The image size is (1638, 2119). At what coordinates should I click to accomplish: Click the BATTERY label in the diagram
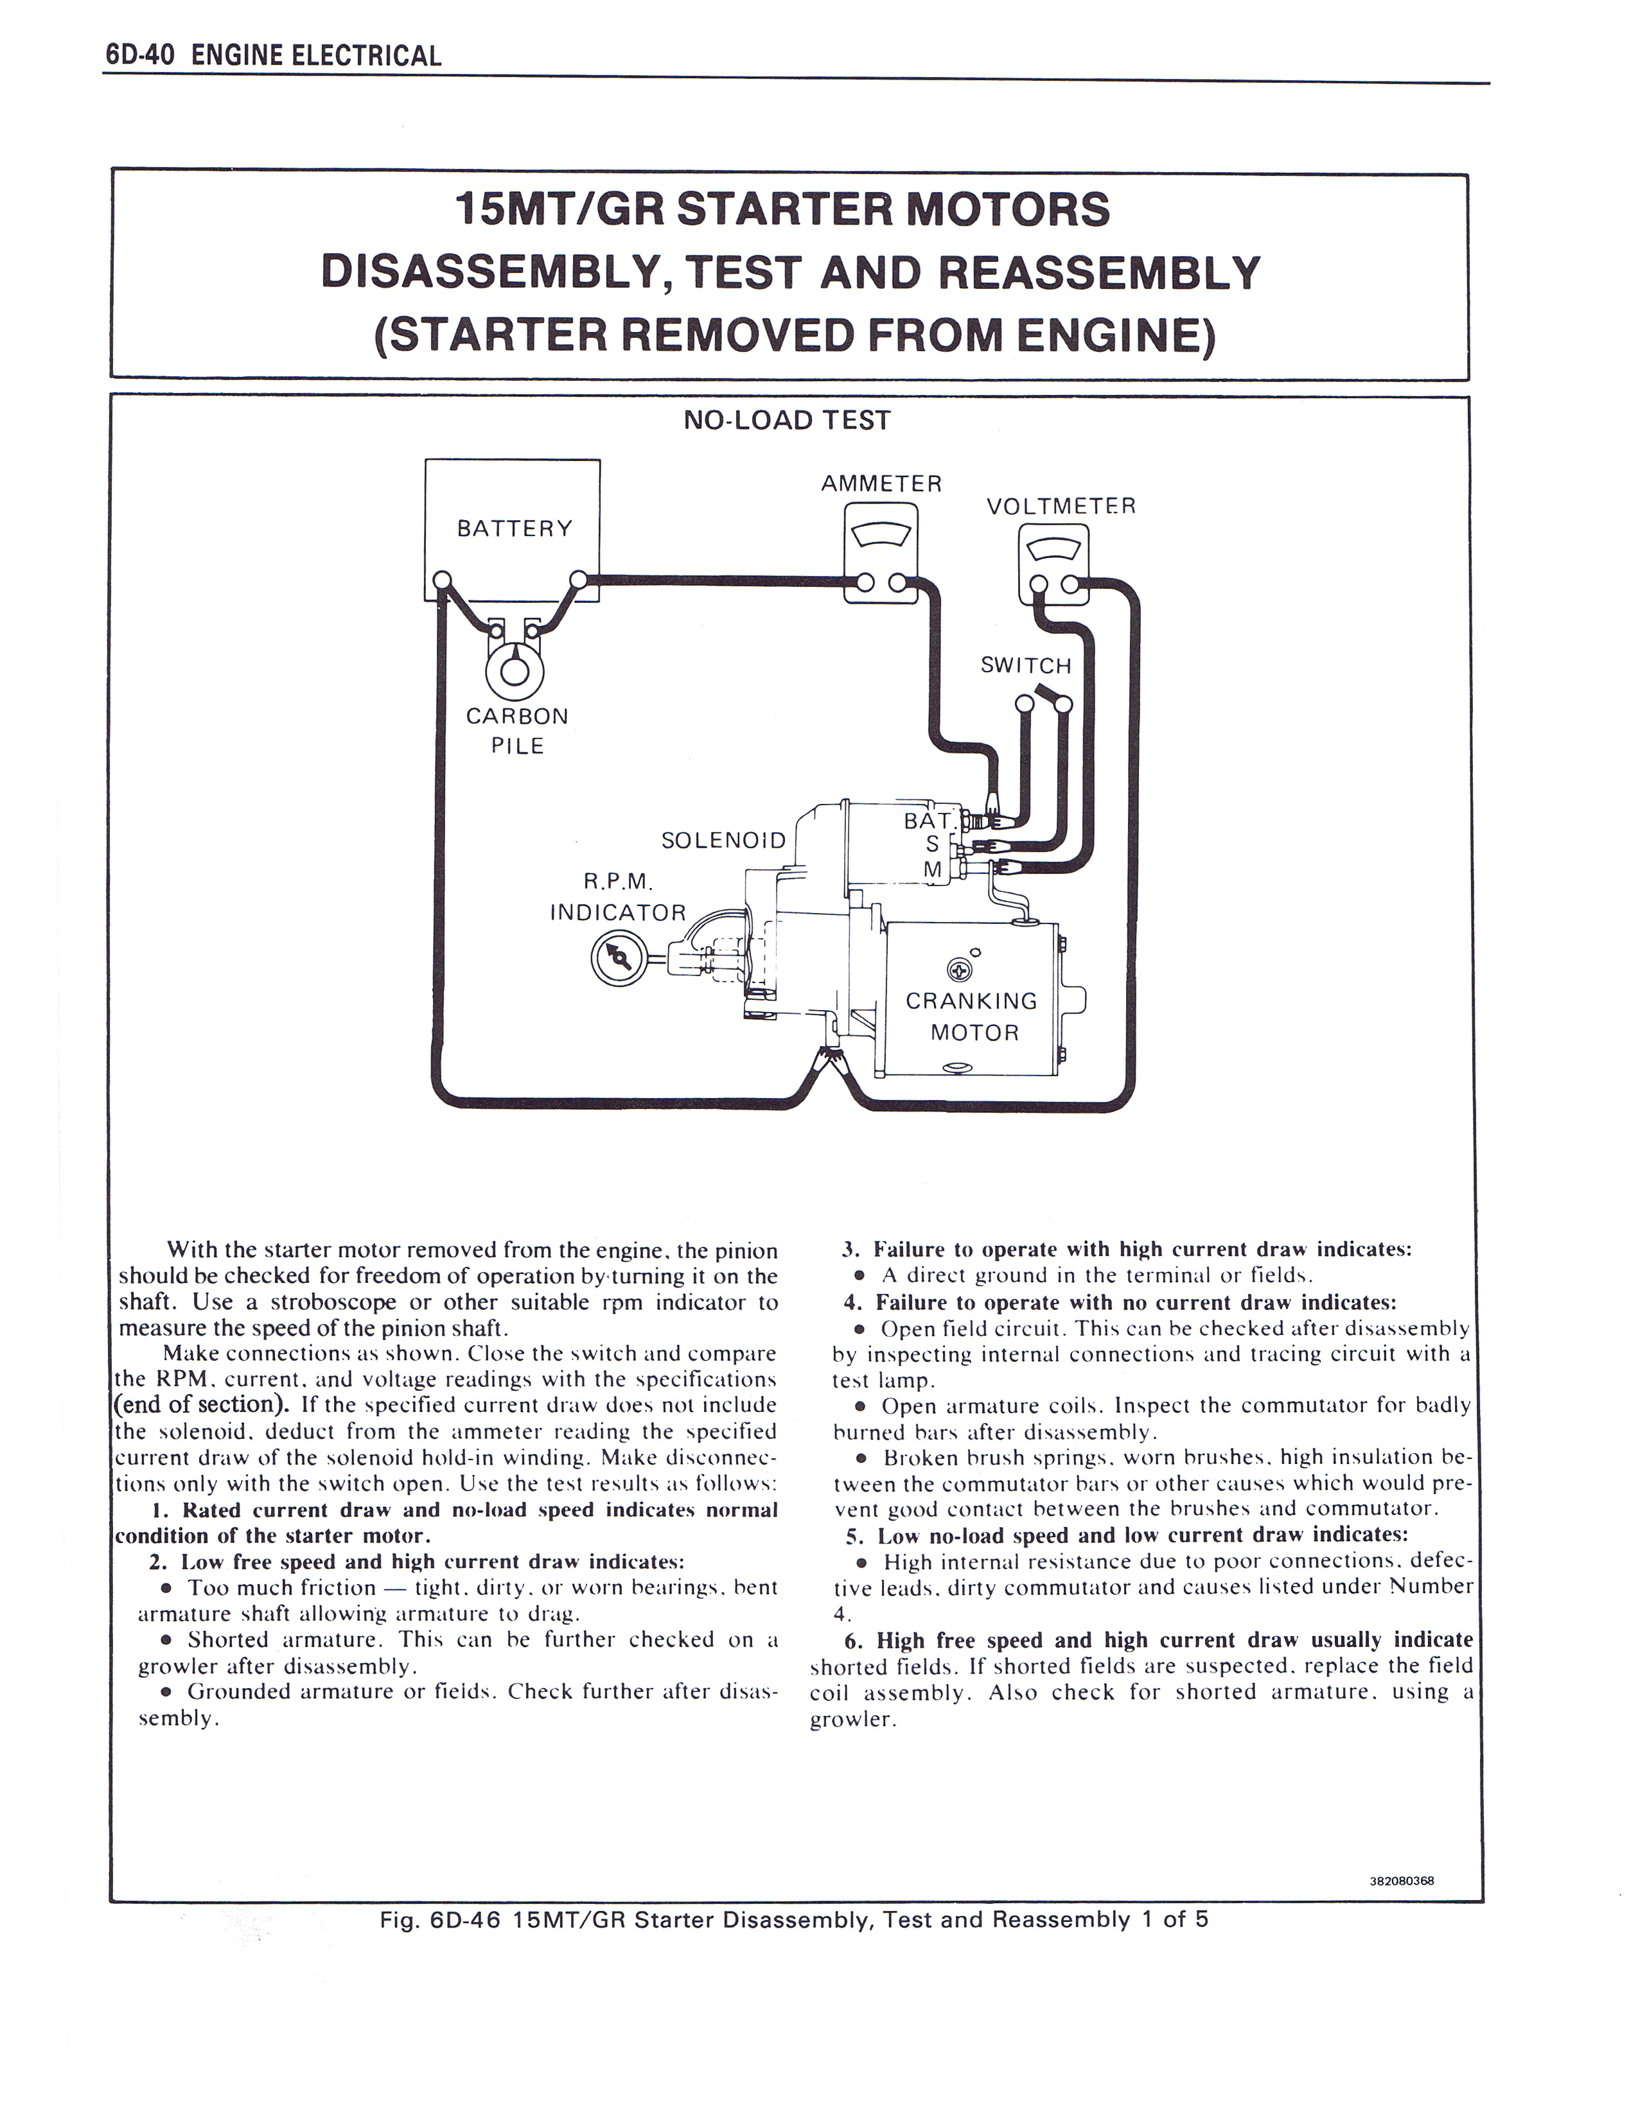coord(515,528)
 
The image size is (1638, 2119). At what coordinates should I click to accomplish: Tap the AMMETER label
coord(881,483)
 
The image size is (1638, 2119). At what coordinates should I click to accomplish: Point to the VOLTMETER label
coord(1061,507)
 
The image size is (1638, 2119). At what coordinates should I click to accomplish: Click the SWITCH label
coord(1026,666)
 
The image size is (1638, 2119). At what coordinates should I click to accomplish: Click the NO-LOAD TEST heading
coord(787,420)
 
